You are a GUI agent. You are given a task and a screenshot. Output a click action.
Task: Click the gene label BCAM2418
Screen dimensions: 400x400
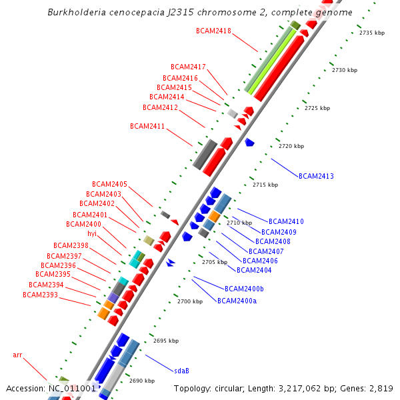(213, 31)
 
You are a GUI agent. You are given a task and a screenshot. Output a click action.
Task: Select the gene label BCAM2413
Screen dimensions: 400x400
(316, 176)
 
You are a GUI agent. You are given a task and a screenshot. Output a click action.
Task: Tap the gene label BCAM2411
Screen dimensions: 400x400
(147, 126)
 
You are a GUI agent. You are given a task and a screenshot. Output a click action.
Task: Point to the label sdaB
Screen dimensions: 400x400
(181, 370)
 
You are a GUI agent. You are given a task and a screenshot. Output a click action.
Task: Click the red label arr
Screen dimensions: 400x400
(18, 355)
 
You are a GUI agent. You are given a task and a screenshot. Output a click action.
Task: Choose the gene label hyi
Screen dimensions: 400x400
(92, 233)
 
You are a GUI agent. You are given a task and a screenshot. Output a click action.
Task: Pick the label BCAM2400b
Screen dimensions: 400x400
(244, 289)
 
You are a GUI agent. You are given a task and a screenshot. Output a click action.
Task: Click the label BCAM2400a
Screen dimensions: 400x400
(237, 301)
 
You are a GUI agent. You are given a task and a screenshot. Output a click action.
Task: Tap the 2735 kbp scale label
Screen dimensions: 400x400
(372, 33)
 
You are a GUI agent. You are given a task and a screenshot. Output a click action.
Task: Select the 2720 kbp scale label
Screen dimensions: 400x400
(291, 146)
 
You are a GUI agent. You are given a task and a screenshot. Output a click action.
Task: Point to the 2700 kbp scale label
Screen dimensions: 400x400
(190, 302)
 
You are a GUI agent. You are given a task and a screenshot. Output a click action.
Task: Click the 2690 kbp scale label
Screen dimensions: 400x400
(142, 381)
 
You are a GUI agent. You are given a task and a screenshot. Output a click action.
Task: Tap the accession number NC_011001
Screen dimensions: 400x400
(72, 388)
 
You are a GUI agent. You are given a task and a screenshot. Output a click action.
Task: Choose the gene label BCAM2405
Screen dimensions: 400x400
(109, 184)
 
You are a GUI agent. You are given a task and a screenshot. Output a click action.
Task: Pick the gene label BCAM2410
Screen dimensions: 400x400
(286, 221)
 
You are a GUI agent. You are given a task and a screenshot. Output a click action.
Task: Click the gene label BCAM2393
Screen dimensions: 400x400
(40, 295)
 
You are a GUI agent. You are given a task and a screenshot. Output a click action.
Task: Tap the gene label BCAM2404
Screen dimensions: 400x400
(254, 270)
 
